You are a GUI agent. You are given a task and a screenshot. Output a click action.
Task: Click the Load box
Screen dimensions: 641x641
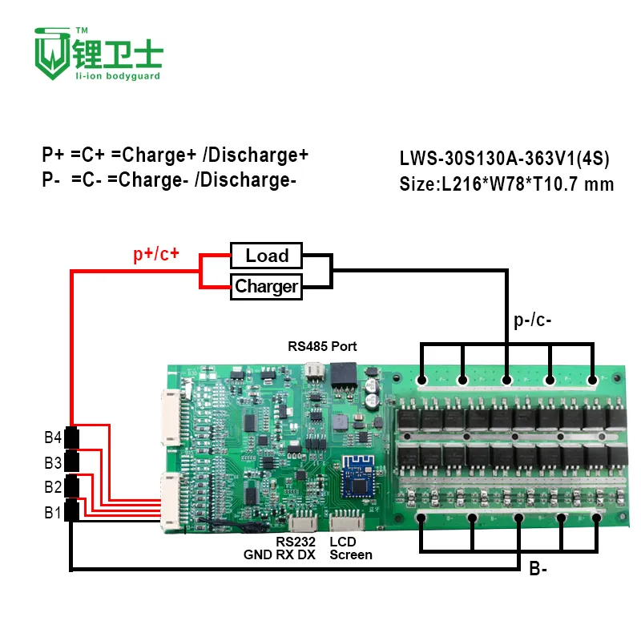(266, 256)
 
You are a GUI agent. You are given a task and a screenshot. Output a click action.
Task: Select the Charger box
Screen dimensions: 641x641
(266, 286)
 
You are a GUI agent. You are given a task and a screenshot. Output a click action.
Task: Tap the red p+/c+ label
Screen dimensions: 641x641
(156, 256)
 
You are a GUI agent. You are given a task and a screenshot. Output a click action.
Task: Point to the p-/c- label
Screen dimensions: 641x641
(532, 321)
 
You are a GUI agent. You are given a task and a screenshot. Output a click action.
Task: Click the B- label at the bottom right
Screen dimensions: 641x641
(538, 570)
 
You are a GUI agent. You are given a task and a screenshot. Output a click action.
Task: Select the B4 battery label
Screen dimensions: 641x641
(53, 437)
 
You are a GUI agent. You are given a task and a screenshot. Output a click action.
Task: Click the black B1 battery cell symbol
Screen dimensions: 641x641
(72, 510)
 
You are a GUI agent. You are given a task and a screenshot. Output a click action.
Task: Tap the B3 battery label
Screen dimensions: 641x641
(53, 462)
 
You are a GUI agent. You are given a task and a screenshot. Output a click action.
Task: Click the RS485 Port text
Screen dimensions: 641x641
(322, 347)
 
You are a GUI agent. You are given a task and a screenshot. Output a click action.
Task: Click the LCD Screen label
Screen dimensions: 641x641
(350, 548)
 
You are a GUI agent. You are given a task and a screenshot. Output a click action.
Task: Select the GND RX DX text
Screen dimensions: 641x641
(280, 554)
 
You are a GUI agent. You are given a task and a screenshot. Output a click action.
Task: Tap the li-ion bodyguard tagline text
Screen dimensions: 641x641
(117, 76)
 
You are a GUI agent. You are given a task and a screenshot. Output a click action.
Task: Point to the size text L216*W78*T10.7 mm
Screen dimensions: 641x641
(506, 184)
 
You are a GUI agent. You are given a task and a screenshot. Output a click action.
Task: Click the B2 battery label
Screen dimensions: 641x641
(53, 487)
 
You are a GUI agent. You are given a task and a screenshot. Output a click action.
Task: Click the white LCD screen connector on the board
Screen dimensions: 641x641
(348, 520)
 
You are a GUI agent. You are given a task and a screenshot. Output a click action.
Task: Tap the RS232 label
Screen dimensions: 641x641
(301, 542)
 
